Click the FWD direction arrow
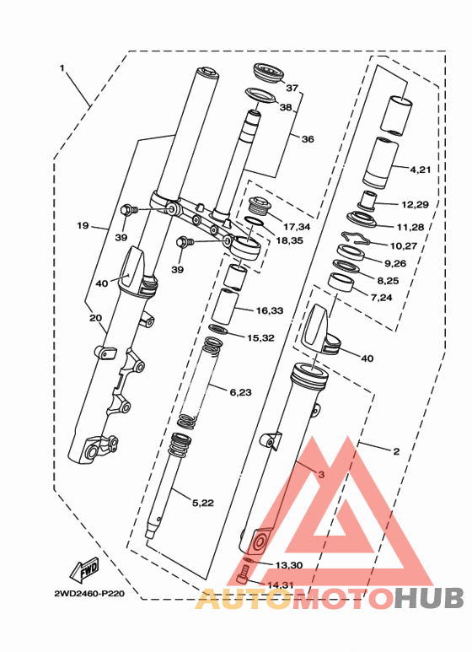[84, 569]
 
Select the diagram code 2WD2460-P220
[89, 594]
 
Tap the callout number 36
[308, 139]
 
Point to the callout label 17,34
[297, 227]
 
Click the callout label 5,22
[203, 503]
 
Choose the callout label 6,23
[240, 391]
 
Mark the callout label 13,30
[289, 565]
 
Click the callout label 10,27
[404, 245]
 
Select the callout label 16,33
[270, 310]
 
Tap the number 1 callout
[62, 67]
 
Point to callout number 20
[95, 318]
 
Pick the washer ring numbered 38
[260, 94]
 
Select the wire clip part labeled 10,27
[355, 238]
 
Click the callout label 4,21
[421, 170]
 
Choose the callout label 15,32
[261, 337]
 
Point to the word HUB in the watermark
[429, 598]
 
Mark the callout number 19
[83, 226]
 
